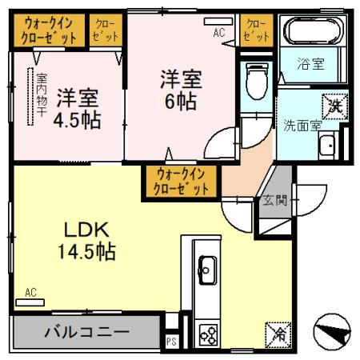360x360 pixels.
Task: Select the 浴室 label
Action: (x=312, y=64)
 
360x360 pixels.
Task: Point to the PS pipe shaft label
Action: (x=170, y=340)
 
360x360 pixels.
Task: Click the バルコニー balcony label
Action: (x=86, y=331)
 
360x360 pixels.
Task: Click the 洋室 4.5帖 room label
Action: (x=78, y=110)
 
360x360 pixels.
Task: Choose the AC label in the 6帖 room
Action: (x=218, y=34)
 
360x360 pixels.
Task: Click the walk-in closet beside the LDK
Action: (x=182, y=181)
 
